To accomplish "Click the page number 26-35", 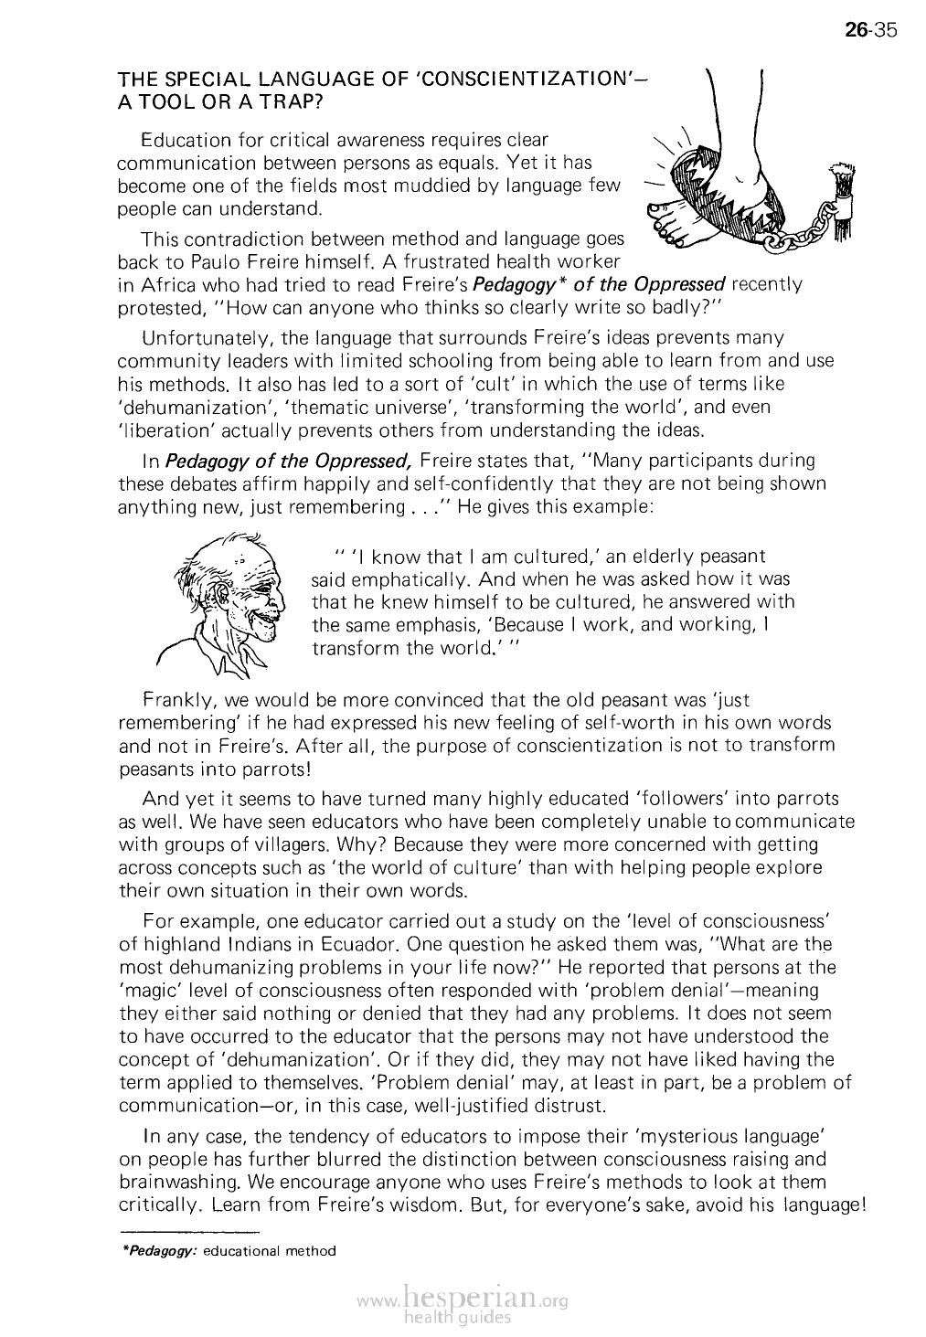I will pos(873,31).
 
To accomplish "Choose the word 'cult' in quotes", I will pos(492,383).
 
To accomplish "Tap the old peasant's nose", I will pos(278,603).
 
